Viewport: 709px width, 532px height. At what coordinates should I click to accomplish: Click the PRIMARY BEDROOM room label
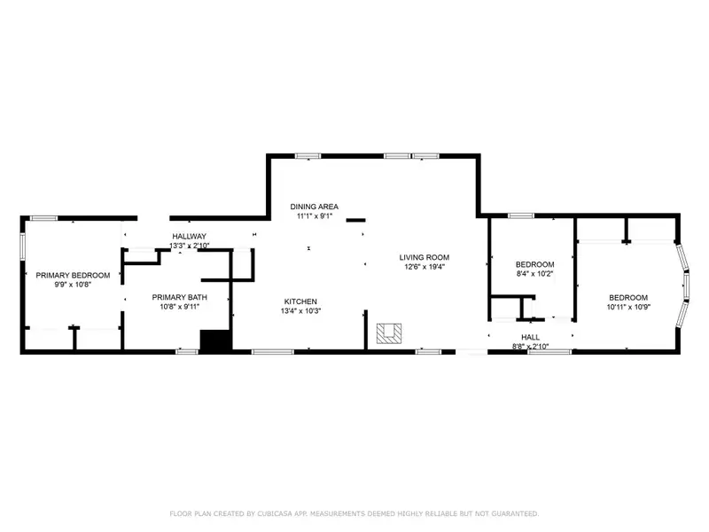73,275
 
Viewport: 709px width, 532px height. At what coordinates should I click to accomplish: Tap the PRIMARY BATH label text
180,297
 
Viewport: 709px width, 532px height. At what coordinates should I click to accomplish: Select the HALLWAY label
189,236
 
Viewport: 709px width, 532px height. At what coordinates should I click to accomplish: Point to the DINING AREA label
315,207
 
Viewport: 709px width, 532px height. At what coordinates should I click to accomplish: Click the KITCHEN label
300,301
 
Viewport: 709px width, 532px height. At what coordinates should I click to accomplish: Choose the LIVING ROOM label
425,257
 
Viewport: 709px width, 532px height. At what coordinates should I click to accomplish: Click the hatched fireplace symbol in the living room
389,333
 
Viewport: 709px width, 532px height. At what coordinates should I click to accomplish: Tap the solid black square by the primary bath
215,340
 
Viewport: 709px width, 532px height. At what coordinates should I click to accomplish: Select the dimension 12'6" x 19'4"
425,267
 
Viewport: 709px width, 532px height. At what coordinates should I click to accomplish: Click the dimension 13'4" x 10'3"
300,311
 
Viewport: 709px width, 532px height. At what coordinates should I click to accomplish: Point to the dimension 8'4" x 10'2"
535,274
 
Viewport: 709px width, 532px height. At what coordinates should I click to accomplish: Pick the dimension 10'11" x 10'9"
628,307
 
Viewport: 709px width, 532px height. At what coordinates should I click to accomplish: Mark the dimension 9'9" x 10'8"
73,285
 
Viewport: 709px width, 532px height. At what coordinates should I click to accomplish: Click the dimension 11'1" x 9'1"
315,216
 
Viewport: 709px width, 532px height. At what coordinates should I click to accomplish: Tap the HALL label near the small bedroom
530,337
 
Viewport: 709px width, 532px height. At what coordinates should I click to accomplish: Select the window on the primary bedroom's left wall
22,246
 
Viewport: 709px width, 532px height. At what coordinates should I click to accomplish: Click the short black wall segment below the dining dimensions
356,220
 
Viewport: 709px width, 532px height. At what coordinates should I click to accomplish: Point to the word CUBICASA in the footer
275,513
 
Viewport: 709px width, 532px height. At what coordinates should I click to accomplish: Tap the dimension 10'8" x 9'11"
180,307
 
